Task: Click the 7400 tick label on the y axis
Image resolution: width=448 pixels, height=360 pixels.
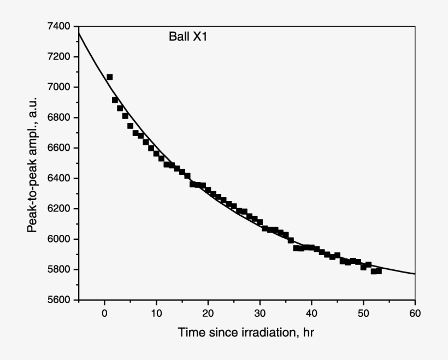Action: tap(60, 26)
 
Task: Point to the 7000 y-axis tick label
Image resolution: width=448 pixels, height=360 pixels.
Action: tap(60, 87)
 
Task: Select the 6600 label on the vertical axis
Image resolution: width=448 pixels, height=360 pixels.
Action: tap(60, 148)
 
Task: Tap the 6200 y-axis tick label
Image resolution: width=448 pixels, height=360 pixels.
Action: tap(60, 209)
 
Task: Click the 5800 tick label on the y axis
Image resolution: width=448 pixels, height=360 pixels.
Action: tap(60, 269)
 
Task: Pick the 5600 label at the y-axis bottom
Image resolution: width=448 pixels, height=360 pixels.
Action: tap(60, 300)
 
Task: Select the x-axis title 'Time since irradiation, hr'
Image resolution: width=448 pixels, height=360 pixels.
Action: tap(246, 332)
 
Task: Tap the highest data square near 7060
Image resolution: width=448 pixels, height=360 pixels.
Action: tap(110, 77)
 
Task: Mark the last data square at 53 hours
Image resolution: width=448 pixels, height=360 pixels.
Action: tap(379, 271)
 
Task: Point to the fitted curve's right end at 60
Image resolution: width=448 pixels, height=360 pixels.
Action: tap(415, 274)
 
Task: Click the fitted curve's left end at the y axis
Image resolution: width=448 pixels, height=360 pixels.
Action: tap(80, 34)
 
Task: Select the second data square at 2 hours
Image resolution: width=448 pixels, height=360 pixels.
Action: tap(115, 100)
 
